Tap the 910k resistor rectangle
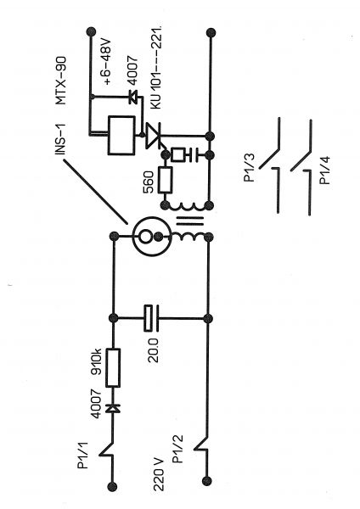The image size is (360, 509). coord(114,367)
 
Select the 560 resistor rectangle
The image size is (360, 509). coord(166,180)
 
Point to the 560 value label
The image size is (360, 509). coord(148,182)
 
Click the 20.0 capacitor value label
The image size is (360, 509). coord(153,350)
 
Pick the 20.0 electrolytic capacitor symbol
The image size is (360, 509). coord(151,318)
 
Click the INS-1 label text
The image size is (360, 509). coord(60,139)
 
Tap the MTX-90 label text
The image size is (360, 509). coord(60,81)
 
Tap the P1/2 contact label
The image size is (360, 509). coord(177,449)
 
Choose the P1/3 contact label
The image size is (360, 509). coord(250,167)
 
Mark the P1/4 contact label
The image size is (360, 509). coord(325,171)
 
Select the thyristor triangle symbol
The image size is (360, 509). coord(153,136)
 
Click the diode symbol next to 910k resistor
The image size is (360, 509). coord(113,408)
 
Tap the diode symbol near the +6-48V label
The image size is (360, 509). coord(133,97)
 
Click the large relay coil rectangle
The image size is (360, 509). coord(121,135)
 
